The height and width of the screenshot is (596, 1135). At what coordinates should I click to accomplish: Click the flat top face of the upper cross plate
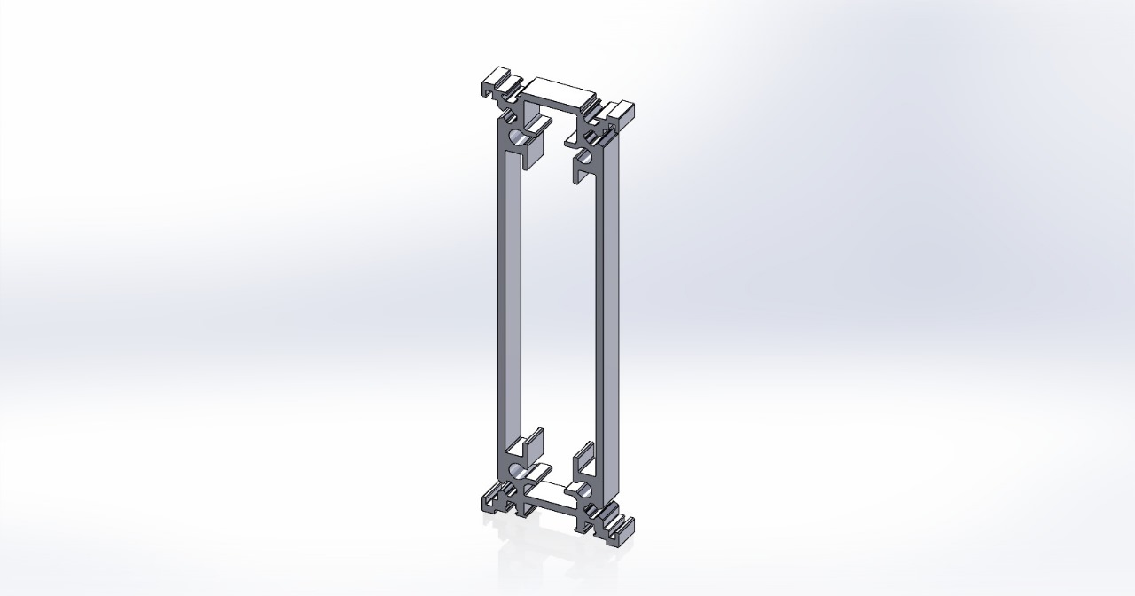point(558,93)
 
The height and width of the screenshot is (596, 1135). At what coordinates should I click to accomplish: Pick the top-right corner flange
point(621,112)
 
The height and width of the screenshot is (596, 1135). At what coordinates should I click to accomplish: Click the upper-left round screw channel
point(515,138)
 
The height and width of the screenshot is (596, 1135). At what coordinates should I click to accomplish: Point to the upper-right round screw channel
point(585,161)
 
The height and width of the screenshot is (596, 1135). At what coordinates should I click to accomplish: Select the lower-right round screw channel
point(584,490)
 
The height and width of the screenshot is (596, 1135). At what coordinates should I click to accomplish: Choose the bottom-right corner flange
point(620,527)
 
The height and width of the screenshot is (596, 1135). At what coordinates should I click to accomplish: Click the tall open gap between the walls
point(554,302)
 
